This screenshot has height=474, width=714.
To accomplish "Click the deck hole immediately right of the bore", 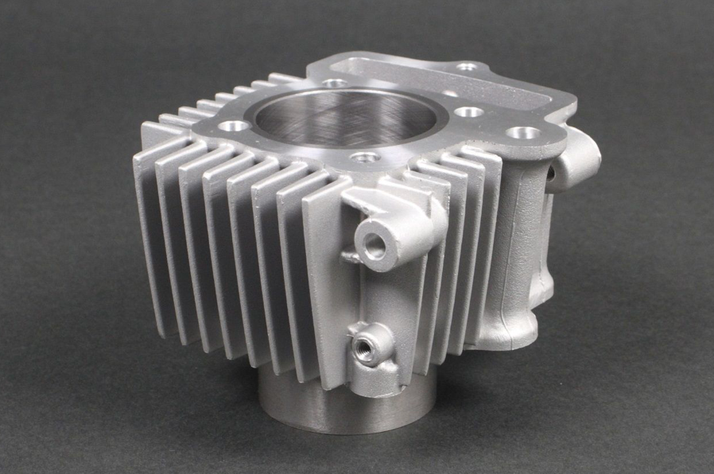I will coord(470,112).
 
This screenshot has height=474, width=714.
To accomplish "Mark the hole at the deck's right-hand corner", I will coord(522,134).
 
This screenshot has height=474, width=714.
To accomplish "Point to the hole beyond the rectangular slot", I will coord(469,67).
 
